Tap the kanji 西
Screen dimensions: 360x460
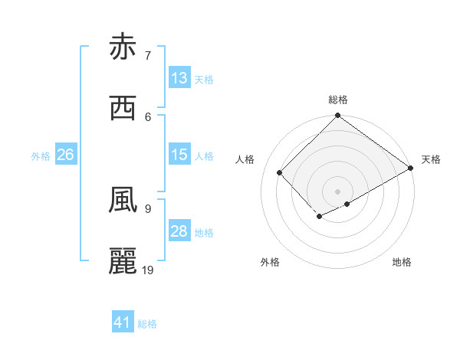pyautogui.click(x=123, y=108)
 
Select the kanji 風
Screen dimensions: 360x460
pyautogui.click(x=123, y=201)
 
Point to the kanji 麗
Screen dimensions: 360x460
pyautogui.click(x=123, y=261)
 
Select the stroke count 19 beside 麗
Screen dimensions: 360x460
pyautogui.click(x=149, y=270)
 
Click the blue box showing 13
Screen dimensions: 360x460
pyautogui.click(x=179, y=78)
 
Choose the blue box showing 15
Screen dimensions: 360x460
pyautogui.click(x=179, y=155)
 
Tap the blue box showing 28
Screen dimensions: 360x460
pyautogui.click(x=179, y=231)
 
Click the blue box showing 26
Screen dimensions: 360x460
pyautogui.click(x=65, y=155)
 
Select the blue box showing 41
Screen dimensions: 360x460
pyautogui.click(x=123, y=322)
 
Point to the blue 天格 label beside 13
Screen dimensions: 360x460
pyautogui.click(x=204, y=79)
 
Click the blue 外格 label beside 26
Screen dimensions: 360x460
pyautogui.click(x=41, y=155)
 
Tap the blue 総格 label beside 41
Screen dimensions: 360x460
pyautogui.click(x=147, y=323)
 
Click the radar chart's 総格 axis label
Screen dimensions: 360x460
pyautogui.click(x=338, y=100)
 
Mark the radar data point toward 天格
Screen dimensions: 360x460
pyautogui.click(x=412, y=169)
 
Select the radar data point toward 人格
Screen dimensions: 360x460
pyautogui.click(x=280, y=172)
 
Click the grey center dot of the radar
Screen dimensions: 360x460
pyautogui.click(x=338, y=191)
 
